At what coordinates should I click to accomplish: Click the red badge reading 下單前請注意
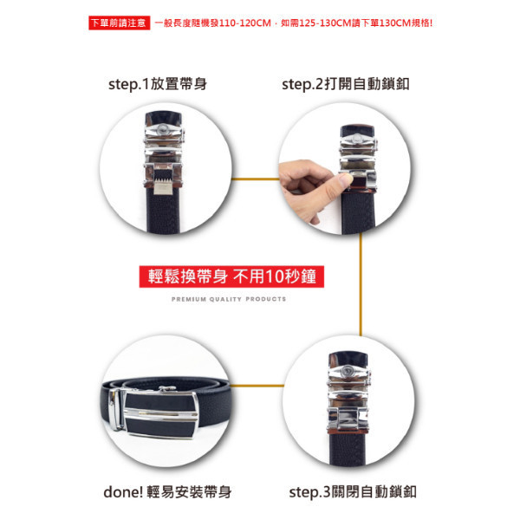119,23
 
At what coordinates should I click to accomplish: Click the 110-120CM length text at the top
245,23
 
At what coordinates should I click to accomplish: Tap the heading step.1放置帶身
158,84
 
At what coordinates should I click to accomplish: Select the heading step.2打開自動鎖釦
346,84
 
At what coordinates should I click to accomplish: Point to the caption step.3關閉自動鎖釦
353,491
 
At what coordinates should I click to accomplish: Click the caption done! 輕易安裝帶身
167,491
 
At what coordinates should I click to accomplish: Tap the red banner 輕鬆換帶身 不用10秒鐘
231,276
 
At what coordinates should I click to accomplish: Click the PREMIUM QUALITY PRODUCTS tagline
229,299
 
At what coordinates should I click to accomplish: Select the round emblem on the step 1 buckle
163,128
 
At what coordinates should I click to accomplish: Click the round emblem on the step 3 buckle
348,370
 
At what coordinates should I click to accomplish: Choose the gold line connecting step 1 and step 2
255,179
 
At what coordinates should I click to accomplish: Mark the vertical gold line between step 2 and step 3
361,284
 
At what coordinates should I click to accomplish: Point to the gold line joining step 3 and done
257,386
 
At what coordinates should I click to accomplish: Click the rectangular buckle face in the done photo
161,415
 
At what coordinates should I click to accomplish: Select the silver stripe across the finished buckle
161,414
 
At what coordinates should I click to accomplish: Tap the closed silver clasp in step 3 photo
348,419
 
